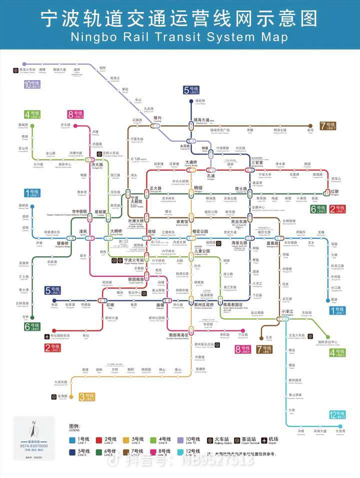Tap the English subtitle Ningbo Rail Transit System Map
pyautogui.click(x=179, y=38)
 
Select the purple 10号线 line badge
pyautogui.click(x=31, y=84)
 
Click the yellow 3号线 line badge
pyautogui.click(x=86, y=397)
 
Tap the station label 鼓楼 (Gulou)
pyautogui.click(x=152, y=232)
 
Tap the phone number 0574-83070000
pyautogui.click(x=34, y=445)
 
